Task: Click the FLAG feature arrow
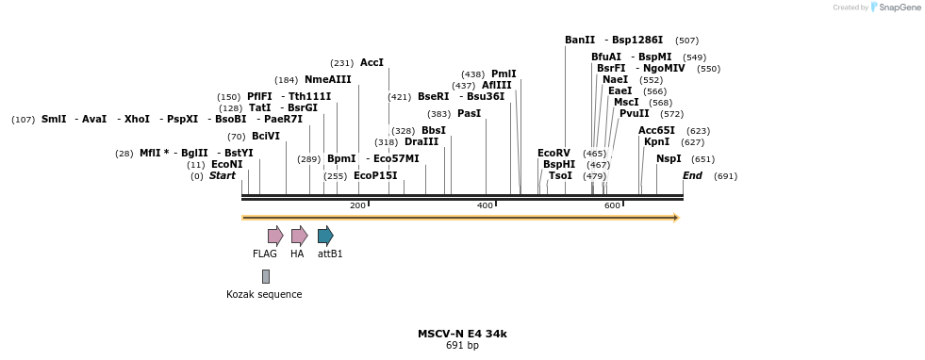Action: click(275, 236)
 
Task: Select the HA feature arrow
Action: click(299, 236)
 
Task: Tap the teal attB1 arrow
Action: click(325, 236)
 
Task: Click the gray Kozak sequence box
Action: click(266, 276)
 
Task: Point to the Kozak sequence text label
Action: click(264, 295)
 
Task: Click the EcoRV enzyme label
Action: click(553, 153)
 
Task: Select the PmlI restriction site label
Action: click(504, 74)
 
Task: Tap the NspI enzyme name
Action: click(669, 158)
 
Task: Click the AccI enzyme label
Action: click(372, 62)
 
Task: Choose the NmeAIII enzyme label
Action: click(327, 79)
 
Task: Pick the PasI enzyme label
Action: click(469, 113)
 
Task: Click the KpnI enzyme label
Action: click(656, 141)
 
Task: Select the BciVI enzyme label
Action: click(266, 136)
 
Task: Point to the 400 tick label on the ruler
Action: click(485, 205)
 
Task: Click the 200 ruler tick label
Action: click(357, 205)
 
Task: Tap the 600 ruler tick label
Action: click(612, 205)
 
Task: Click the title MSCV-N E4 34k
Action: click(462, 334)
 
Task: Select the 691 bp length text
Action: click(462, 346)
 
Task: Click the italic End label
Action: click(692, 175)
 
